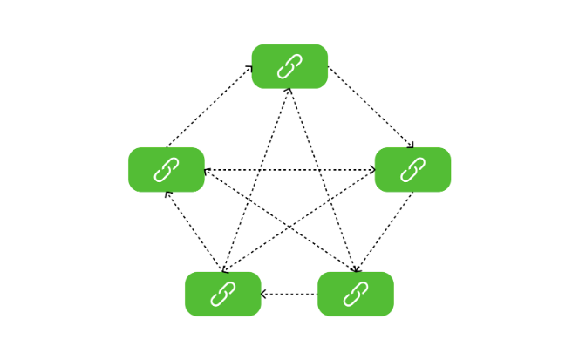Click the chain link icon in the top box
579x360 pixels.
click(x=289, y=66)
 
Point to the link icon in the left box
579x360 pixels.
click(x=166, y=170)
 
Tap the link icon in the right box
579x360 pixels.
click(x=412, y=170)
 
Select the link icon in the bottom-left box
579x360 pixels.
click(x=222, y=294)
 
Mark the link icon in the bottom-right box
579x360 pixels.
click(x=355, y=294)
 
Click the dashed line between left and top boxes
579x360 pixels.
click(x=209, y=106)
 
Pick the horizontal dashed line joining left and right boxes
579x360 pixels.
click(x=262, y=170)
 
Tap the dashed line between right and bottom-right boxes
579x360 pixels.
click(x=384, y=232)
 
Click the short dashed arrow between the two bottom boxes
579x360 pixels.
click(x=289, y=294)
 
